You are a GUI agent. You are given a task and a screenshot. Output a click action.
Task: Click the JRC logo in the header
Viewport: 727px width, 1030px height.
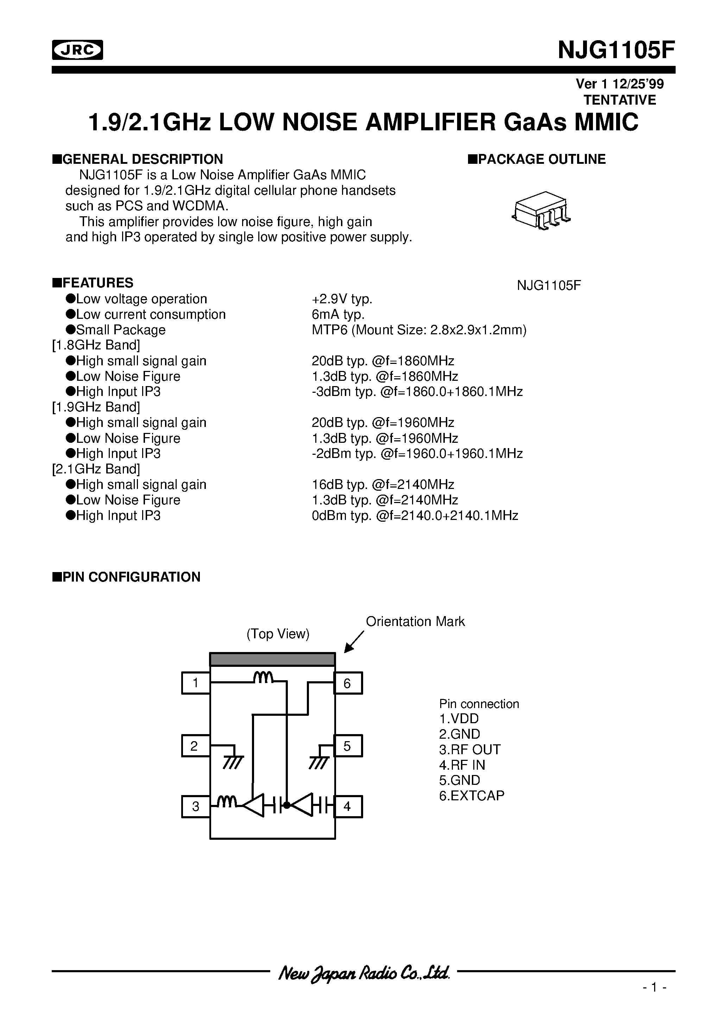(77, 50)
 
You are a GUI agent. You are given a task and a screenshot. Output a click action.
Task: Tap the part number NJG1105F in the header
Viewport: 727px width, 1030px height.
(616, 50)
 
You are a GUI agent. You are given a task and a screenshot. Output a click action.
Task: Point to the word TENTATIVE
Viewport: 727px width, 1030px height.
(620, 100)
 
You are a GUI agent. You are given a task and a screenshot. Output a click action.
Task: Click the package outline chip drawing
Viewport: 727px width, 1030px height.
(541, 210)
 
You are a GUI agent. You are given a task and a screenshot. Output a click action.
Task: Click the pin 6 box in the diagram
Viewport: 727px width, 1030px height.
(348, 683)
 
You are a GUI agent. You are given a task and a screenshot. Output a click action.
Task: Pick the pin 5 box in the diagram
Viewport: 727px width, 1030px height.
(348, 746)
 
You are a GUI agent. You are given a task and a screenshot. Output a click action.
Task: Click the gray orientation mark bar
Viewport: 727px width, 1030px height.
(272, 659)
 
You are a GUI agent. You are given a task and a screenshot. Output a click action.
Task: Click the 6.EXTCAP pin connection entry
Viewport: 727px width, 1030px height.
(472, 795)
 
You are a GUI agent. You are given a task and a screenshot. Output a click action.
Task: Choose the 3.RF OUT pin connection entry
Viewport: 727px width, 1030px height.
(469, 750)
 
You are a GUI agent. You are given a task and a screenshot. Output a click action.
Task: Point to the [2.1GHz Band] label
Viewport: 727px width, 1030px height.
(96, 469)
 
